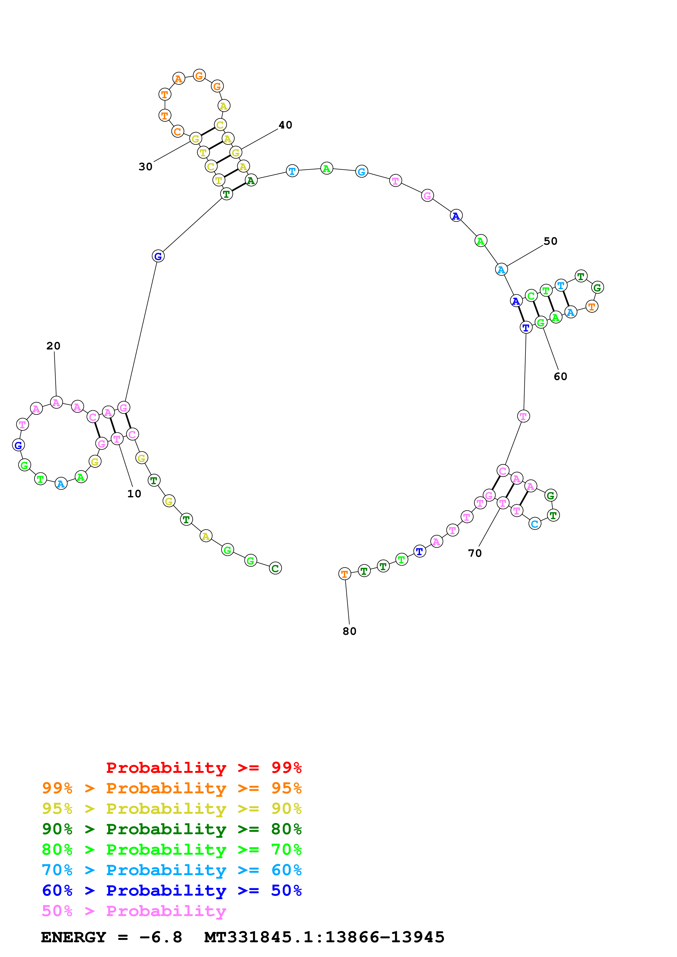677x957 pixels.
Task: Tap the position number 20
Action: click(x=54, y=346)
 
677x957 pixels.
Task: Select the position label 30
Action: click(x=146, y=167)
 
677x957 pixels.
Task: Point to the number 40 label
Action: click(x=285, y=125)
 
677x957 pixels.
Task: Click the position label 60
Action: click(x=560, y=376)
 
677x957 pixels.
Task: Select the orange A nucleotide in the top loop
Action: click(x=179, y=78)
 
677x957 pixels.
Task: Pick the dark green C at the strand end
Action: click(x=275, y=568)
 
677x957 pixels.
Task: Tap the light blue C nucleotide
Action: click(x=535, y=524)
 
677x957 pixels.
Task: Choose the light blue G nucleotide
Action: click(x=362, y=171)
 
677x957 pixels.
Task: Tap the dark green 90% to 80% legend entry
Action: click(x=172, y=829)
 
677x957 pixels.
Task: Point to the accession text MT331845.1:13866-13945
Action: click(x=324, y=937)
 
